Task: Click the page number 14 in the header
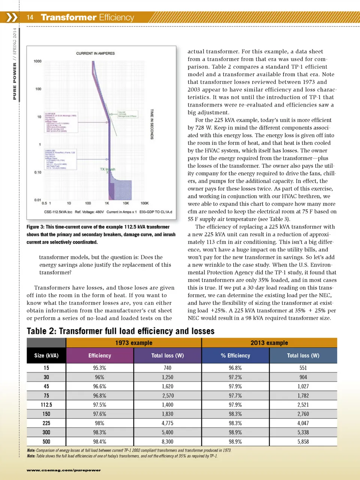click(30, 17)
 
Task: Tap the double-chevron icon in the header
click(12, 17)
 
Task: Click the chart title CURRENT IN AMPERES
click(95, 53)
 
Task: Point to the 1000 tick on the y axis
click(37, 61)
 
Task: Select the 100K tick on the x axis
click(144, 203)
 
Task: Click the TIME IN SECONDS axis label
click(152, 124)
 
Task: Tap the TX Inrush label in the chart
click(107, 169)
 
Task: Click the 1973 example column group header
click(133, 343)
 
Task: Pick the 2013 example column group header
click(269, 343)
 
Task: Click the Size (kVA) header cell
click(46, 355)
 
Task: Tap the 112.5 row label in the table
click(46, 405)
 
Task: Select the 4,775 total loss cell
click(168, 423)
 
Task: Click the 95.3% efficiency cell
click(99, 368)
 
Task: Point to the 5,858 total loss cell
click(303, 442)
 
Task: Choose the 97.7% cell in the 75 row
click(235, 396)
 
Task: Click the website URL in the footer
click(63, 470)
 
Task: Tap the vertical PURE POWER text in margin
click(15, 81)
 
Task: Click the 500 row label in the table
click(46, 442)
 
